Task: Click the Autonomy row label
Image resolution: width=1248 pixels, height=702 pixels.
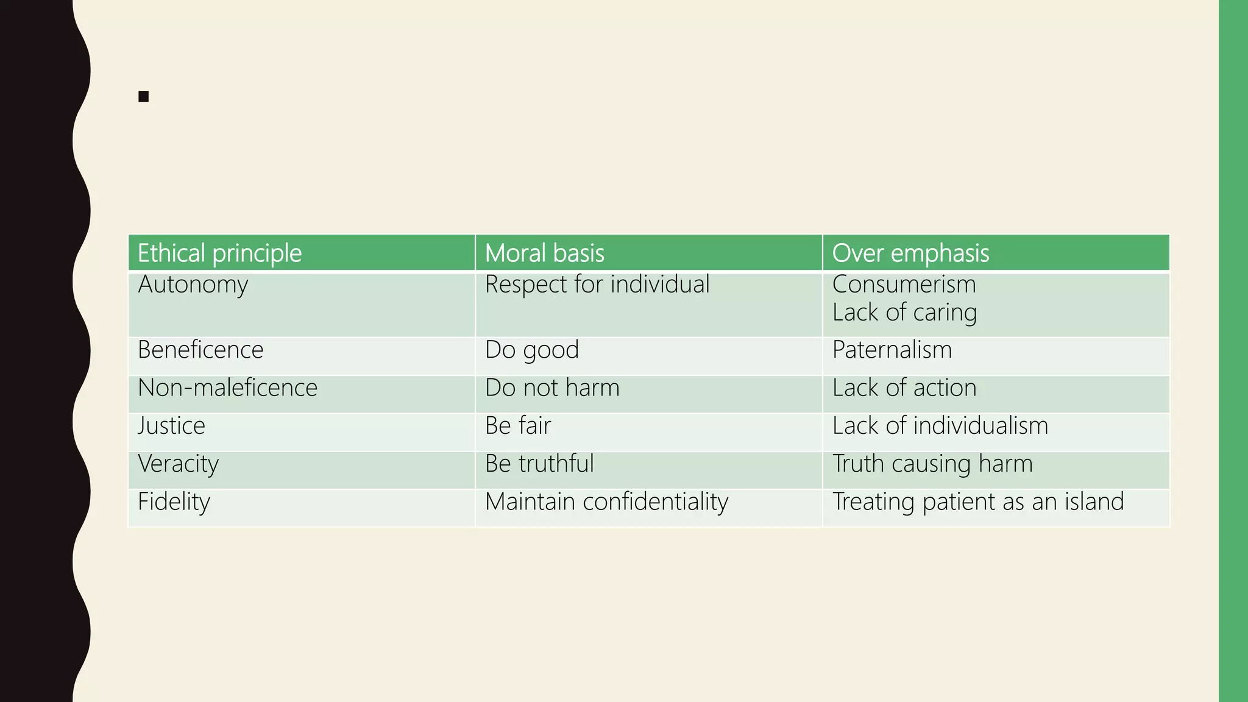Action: [x=193, y=285]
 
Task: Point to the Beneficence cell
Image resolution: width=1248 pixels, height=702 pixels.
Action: [x=200, y=350]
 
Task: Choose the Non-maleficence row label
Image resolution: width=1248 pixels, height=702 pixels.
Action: [x=228, y=388]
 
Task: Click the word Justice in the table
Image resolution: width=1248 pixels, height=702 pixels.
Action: [x=171, y=425]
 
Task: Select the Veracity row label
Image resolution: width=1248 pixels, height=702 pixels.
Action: [x=178, y=464]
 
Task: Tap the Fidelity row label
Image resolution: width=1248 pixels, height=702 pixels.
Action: [x=174, y=502]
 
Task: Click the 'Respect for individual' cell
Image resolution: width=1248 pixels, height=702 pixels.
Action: [x=597, y=285]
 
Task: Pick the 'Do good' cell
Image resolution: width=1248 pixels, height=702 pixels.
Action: [x=532, y=350]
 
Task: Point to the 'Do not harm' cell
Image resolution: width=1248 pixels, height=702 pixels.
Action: [x=552, y=388]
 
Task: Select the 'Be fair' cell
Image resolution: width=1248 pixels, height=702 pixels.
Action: [x=518, y=425]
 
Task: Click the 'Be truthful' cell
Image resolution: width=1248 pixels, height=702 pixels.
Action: [x=539, y=464]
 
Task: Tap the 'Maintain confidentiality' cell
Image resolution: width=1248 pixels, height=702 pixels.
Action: [x=607, y=502]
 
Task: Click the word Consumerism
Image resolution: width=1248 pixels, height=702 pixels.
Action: [x=904, y=285]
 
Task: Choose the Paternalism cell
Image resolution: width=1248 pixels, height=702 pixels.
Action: [x=892, y=350]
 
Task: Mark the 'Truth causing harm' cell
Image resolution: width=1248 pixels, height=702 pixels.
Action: [x=933, y=464]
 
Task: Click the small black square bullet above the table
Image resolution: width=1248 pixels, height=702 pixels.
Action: [x=144, y=96]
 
